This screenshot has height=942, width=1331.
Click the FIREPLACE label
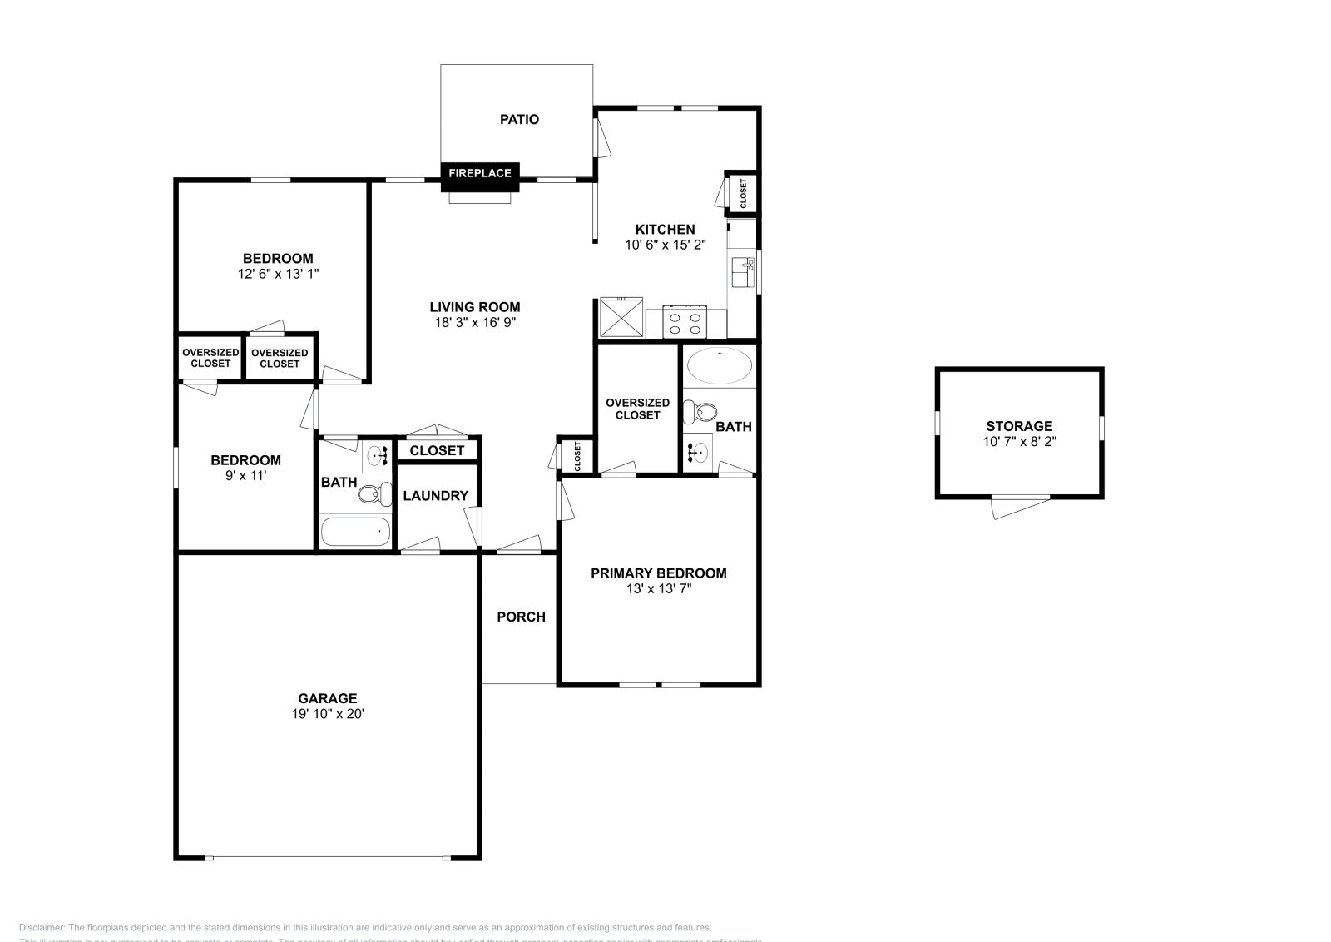[480, 173]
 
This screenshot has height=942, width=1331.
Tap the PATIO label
[519, 119]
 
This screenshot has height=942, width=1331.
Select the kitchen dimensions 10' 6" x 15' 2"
[665, 245]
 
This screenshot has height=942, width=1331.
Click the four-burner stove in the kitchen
[685, 322]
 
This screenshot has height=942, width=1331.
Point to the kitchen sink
[741, 272]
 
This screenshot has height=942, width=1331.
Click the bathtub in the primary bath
[719, 366]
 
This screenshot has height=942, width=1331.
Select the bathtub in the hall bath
[355, 532]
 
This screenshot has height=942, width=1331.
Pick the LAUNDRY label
[435, 496]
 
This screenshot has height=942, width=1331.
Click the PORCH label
[521, 617]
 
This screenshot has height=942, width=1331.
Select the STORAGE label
[1019, 426]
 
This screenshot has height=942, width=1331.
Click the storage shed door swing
[1020, 505]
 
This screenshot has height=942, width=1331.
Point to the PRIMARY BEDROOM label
[658, 573]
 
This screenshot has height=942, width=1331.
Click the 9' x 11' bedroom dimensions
[245, 476]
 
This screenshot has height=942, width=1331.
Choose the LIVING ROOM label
[475, 307]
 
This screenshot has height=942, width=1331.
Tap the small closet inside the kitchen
[743, 193]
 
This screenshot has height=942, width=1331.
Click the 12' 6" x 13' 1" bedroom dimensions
[278, 273]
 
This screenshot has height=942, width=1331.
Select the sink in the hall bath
[378, 456]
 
